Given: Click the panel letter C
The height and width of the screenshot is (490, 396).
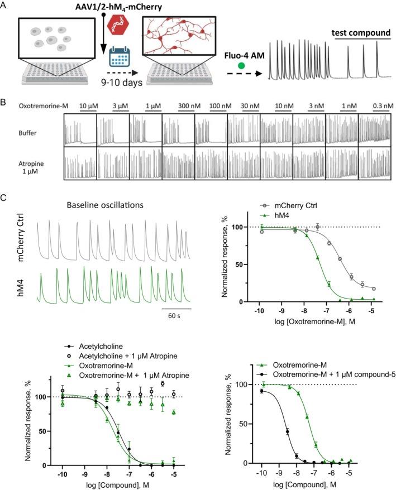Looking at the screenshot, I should pyautogui.click(x=5, y=198).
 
